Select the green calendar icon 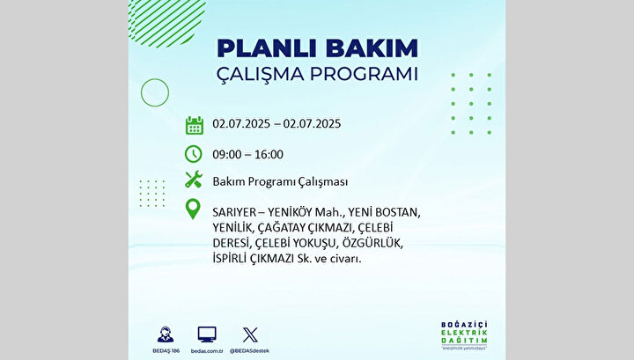tap(194, 125)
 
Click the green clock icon tap(193, 154)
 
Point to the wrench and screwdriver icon tap(194, 180)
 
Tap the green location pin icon tap(193, 209)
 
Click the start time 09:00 tap(227, 154)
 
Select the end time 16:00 tap(269, 154)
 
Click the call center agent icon tap(166, 334)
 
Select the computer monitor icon tap(207, 334)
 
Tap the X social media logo tap(250, 335)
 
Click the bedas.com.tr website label tap(207, 351)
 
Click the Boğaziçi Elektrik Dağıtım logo tap(464, 335)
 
